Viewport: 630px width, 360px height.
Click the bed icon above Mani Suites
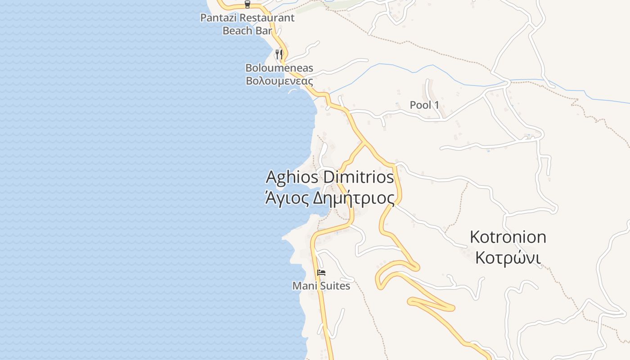click(321, 273)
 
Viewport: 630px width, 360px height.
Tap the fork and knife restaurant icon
click(279, 54)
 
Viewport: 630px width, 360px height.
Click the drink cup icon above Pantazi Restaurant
click(247, 4)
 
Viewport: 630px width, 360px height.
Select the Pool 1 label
click(424, 105)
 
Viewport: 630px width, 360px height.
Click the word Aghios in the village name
click(293, 177)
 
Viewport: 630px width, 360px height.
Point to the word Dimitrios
click(359, 177)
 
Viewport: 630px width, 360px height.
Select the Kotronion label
click(508, 237)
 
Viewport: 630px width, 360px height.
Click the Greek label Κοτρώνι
click(508, 258)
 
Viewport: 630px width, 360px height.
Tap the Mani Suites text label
click(321, 286)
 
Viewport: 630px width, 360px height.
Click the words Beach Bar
click(247, 31)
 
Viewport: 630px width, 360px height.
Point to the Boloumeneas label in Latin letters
click(279, 68)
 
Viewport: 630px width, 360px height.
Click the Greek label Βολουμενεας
click(279, 81)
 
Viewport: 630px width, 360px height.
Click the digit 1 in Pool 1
click(436, 105)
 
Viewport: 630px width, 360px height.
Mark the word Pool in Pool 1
click(420, 105)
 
